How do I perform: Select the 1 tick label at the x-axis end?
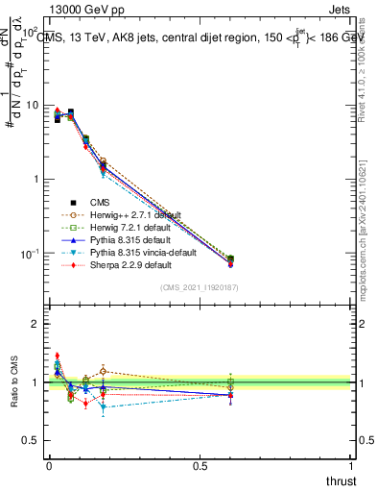click(352, 466)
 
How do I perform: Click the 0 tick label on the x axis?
click(50, 466)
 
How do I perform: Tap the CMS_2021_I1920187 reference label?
click(199, 287)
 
